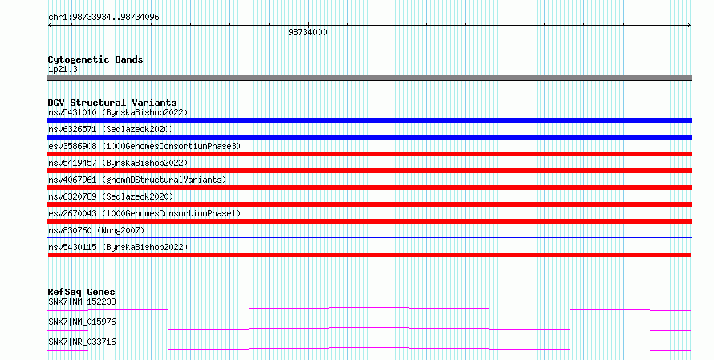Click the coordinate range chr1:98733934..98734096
pyautogui.click(x=103, y=18)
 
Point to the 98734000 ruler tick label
pyautogui.click(x=307, y=32)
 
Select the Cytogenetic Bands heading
pyautogui.click(x=95, y=59)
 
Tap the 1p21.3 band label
pyautogui.click(x=63, y=69)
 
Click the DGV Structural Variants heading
pyautogui.click(x=112, y=103)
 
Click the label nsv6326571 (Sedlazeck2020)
pyautogui.click(x=111, y=129)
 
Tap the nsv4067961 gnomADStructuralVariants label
pyautogui.click(x=137, y=180)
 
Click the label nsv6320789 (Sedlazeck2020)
pyautogui.click(x=111, y=196)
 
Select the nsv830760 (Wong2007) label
pyautogui.click(x=96, y=230)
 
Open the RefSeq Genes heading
pyautogui.click(x=82, y=292)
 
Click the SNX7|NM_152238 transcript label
pyautogui.click(x=82, y=301)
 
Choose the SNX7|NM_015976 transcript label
pyautogui.click(x=82, y=322)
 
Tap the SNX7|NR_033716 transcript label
pyautogui.click(x=82, y=342)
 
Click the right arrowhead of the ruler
pyautogui.click(x=690, y=26)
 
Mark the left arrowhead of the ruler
pyautogui.click(x=49, y=26)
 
